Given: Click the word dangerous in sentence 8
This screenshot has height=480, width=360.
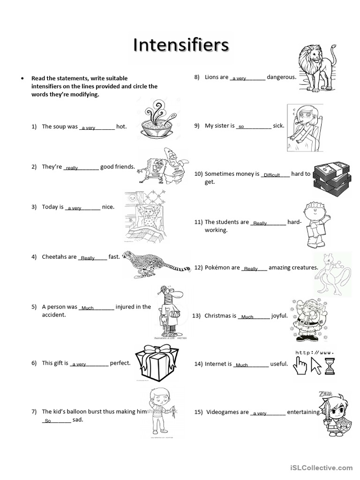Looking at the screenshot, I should point(281,77).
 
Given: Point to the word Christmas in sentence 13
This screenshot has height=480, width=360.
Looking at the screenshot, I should point(220,316).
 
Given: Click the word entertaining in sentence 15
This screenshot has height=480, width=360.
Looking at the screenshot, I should point(304,412).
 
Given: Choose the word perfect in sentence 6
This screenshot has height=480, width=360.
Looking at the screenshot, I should point(120,363).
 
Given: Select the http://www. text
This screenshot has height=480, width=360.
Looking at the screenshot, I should point(315,352).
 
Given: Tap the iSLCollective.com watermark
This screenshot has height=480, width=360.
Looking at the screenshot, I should point(322,467).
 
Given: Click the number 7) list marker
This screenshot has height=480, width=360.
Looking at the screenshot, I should point(34,412).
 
